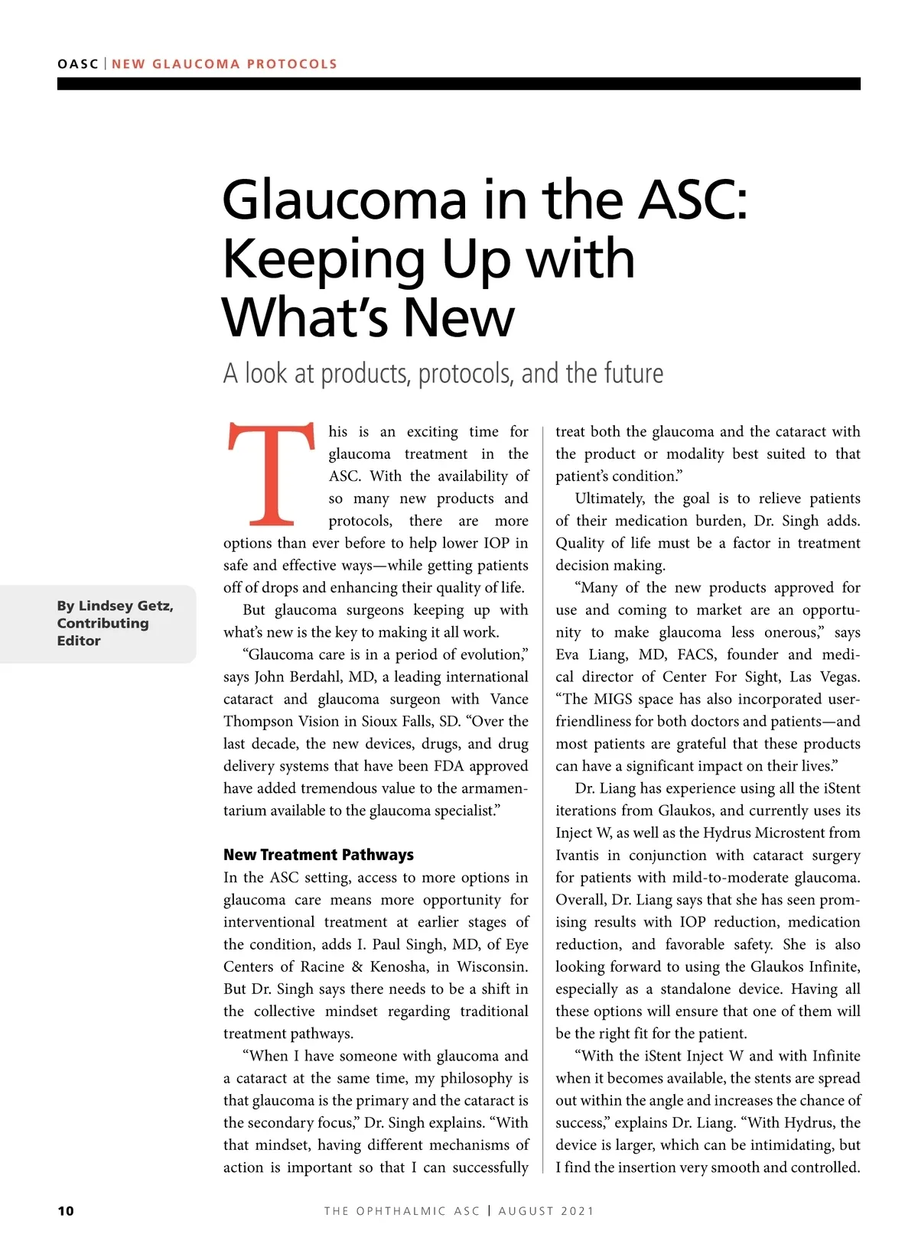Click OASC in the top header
(77, 64)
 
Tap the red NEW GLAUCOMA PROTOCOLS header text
(224, 64)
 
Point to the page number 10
(66, 1211)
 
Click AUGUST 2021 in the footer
(546, 1211)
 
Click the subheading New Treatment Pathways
(318, 855)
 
